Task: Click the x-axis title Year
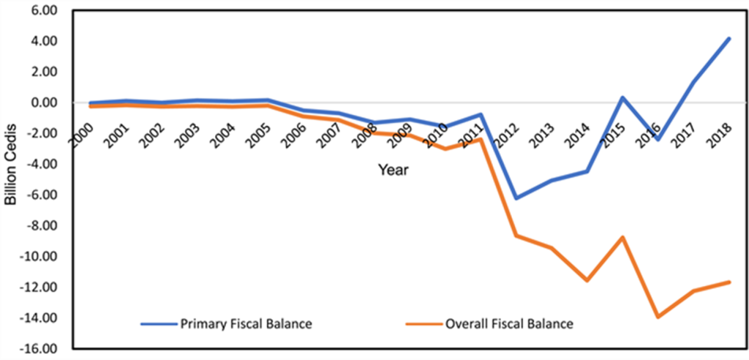pyautogui.click(x=393, y=170)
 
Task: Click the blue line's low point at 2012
pyautogui.click(x=516, y=198)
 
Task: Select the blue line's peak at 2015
pyautogui.click(x=623, y=97)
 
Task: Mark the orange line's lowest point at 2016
pyautogui.click(x=658, y=317)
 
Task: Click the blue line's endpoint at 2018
pyautogui.click(x=729, y=38)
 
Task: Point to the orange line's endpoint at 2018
pyautogui.click(x=729, y=282)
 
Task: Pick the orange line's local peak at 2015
pyautogui.click(x=623, y=237)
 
